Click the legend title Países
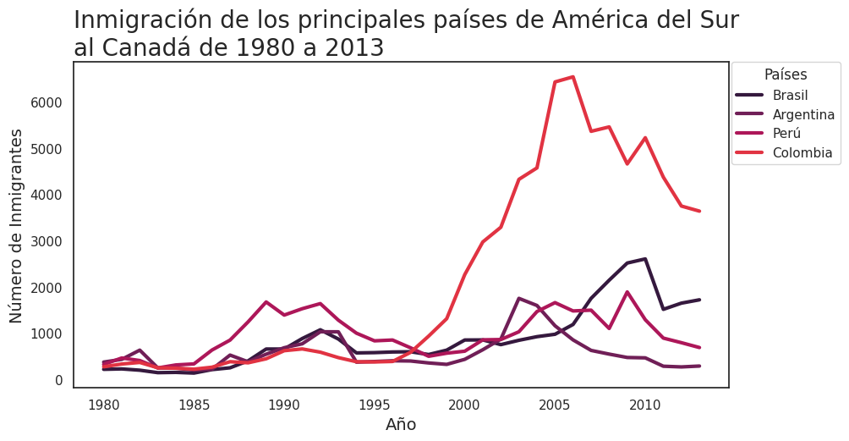[x=785, y=74]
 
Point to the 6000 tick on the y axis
[x=47, y=102]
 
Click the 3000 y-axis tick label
[x=47, y=241]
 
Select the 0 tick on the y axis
[x=58, y=380]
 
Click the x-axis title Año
[x=401, y=425]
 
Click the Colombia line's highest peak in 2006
[x=572, y=77]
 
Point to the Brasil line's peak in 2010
[x=645, y=259]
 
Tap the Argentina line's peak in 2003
[x=518, y=298]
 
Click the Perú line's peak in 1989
[x=266, y=302]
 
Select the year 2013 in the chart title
[x=351, y=48]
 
